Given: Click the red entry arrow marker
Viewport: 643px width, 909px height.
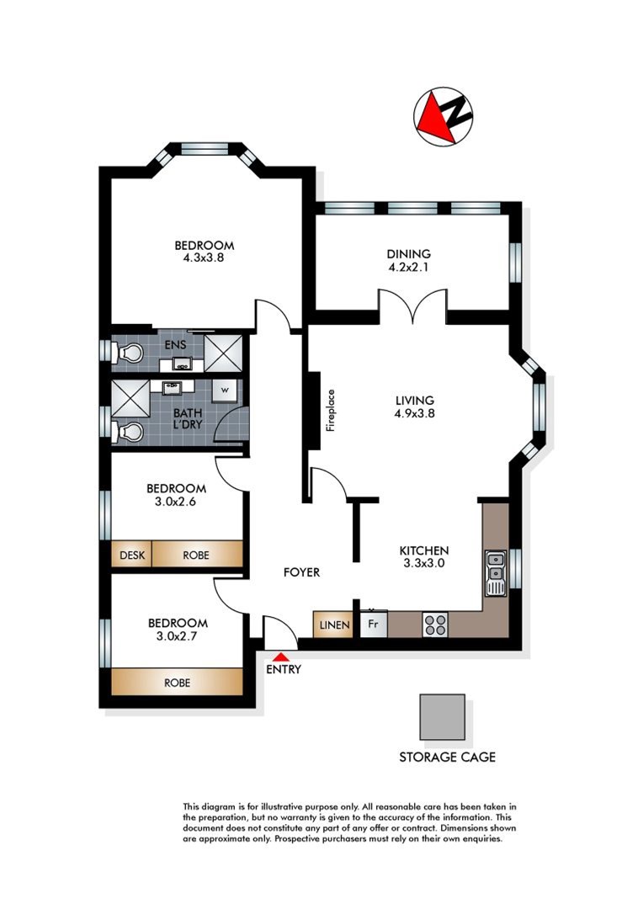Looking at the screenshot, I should pos(281,656).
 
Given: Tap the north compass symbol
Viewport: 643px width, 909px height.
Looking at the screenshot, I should pos(444,117).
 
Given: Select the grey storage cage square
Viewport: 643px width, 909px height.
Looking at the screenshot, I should pos(443,716).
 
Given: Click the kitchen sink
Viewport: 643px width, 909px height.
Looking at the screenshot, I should pos(496,572).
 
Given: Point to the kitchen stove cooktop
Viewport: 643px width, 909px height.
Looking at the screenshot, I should pos(435,625).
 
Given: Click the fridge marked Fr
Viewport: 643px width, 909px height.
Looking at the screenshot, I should pos(374,625).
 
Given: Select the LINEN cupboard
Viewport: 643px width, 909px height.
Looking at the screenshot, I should pos(332,625).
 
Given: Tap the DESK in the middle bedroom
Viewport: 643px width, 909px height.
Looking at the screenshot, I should pos(132,555).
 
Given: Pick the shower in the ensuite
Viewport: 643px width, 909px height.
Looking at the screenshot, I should pos(223,353).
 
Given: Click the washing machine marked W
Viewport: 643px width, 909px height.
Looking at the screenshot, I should pos(225,391).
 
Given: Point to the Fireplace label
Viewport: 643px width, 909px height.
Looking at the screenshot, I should pos(331,410).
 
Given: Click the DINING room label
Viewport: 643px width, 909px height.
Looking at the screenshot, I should pos(408,254).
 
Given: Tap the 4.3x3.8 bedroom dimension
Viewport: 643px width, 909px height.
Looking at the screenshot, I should pos(204,258).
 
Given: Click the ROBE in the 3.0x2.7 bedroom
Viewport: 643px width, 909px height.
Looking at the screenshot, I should pos(177,683).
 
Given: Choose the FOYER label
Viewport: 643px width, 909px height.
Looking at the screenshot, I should pos(301,572).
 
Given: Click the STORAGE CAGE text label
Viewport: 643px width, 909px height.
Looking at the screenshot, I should pos(447,757).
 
